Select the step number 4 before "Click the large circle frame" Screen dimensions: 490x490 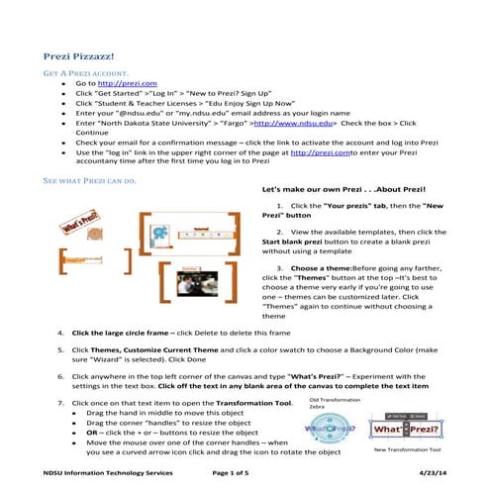(x=62, y=333)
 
